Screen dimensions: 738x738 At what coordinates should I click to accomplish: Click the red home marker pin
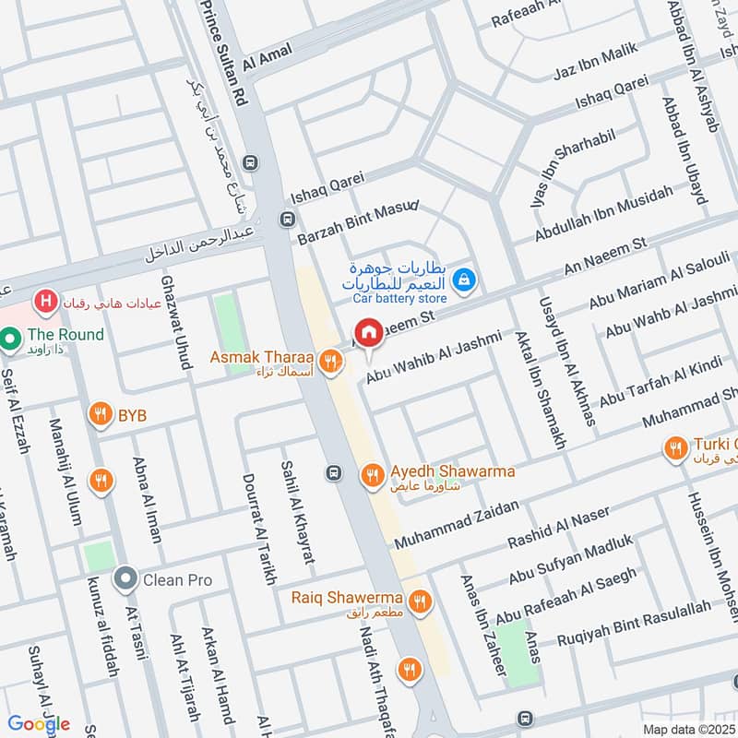point(369,334)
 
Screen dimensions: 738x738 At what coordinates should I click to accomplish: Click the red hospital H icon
point(42,301)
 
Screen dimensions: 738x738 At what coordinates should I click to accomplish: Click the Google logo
point(39,723)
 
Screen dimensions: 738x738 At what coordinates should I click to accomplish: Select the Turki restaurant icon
point(675,448)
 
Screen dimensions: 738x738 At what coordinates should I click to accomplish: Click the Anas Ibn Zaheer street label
point(487,623)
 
